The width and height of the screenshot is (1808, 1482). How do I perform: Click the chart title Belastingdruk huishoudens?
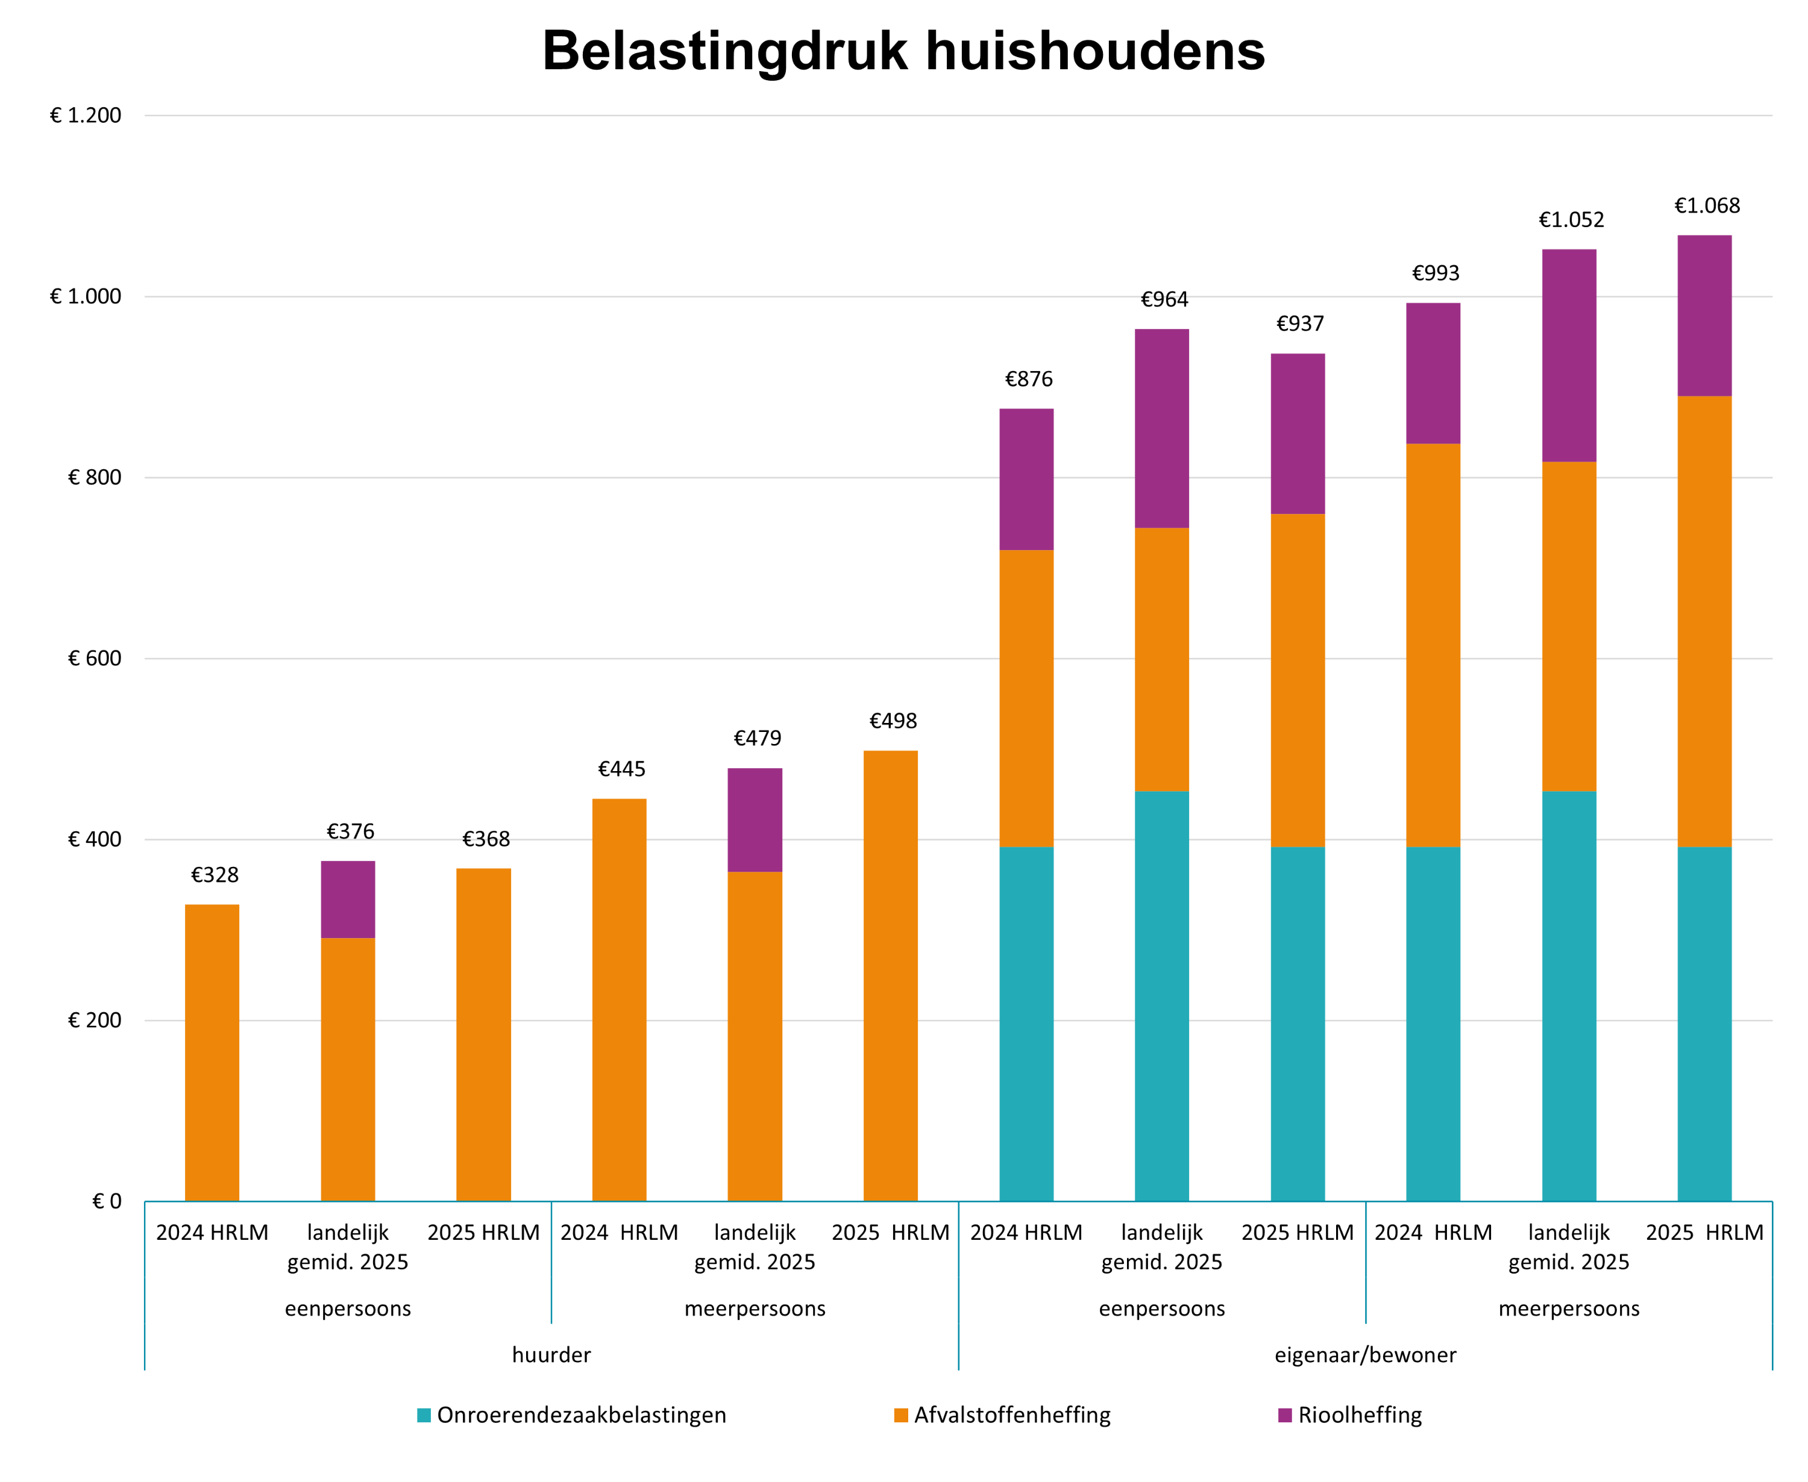point(903,51)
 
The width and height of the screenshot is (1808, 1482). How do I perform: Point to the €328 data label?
point(215,874)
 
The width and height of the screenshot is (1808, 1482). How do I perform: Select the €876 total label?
point(1028,379)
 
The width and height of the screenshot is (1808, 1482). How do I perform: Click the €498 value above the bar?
point(893,721)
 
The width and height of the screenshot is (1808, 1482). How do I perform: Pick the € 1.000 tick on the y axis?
point(86,296)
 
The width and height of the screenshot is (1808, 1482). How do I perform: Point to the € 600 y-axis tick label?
point(94,658)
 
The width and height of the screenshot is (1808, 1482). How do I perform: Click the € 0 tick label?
point(107,1201)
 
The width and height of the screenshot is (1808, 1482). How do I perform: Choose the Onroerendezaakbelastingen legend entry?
point(571,1415)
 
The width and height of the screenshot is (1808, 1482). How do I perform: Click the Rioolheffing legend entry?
point(1349,1415)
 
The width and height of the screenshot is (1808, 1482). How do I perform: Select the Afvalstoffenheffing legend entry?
point(1002,1415)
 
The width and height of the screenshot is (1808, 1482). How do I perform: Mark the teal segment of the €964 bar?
point(1161,996)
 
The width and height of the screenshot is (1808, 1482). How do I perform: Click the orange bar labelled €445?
point(619,999)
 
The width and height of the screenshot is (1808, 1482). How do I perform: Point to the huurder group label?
point(551,1355)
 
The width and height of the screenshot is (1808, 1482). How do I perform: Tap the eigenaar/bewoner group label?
point(1365,1355)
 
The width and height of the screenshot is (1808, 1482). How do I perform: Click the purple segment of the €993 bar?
point(1433,373)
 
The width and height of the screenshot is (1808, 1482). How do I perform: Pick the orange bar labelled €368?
point(483,1034)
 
